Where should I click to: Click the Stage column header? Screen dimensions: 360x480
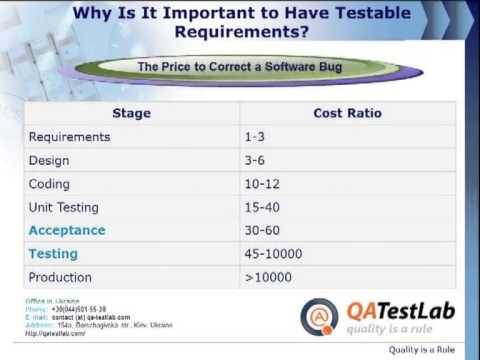(131, 113)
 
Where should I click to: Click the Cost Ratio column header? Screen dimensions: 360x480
(347, 113)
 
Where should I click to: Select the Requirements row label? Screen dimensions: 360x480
(69, 137)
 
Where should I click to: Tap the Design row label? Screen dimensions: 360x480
(50, 160)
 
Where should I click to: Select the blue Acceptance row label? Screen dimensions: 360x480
(67, 230)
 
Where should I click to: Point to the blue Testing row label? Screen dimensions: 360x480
(53, 254)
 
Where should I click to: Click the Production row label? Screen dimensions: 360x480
(60, 277)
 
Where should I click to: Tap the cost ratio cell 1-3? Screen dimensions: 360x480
(255, 137)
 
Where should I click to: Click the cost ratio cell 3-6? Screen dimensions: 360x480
(255, 160)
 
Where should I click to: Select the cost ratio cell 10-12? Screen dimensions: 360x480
(261, 183)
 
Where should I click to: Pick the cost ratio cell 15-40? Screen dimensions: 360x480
(261, 207)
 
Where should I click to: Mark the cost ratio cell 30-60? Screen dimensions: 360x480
(261, 230)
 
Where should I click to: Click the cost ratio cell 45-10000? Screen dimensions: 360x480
(272, 254)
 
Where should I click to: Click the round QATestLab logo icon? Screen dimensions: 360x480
(319, 316)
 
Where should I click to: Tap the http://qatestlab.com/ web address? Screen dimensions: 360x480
(56, 333)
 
